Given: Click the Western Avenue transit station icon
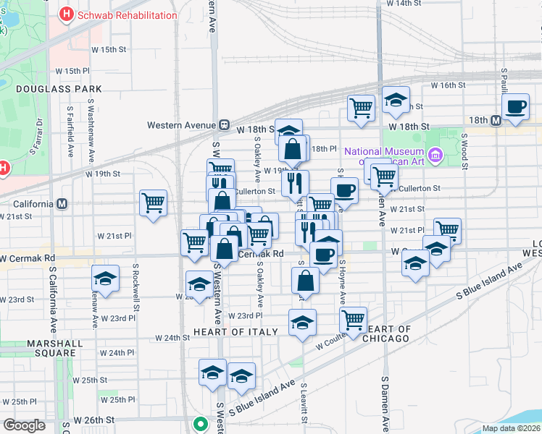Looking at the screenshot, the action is [225, 124].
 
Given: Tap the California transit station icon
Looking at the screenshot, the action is [62, 203].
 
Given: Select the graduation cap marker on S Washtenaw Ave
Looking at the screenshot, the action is [106, 278].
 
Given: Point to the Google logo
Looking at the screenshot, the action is [25, 425].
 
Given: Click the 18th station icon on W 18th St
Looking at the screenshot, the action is [497, 120].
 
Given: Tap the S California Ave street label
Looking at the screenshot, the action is [53, 289].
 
